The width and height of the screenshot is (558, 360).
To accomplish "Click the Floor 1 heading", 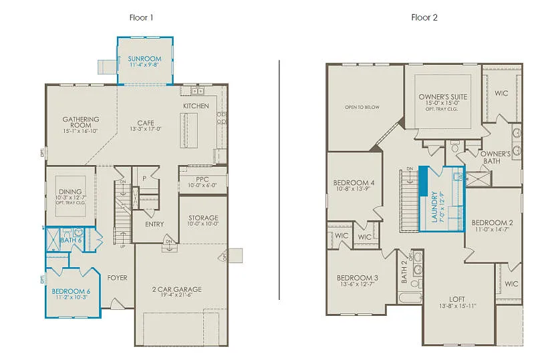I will click(x=141, y=17).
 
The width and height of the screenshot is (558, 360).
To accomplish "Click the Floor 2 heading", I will click(x=424, y=17).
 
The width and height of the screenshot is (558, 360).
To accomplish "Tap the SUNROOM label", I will click(x=145, y=59).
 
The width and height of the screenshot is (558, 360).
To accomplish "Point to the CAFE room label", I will click(x=146, y=123).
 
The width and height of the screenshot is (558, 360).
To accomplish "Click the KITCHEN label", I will click(x=196, y=106).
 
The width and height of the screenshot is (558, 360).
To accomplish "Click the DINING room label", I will click(x=70, y=192).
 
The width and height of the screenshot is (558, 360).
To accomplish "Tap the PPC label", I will click(x=202, y=179).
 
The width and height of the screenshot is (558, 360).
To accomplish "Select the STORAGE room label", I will click(x=202, y=218).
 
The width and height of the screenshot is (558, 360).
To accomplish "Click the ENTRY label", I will click(x=154, y=224).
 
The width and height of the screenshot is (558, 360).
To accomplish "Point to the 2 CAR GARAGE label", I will click(x=177, y=289).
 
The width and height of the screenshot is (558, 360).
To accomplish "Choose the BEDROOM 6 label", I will click(x=71, y=291).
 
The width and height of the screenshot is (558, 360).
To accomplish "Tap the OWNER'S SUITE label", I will click(x=442, y=97).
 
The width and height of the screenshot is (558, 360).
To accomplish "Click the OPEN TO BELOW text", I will click(x=362, y=107).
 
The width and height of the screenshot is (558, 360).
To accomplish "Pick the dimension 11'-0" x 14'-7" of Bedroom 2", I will click(x=492, y=229).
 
